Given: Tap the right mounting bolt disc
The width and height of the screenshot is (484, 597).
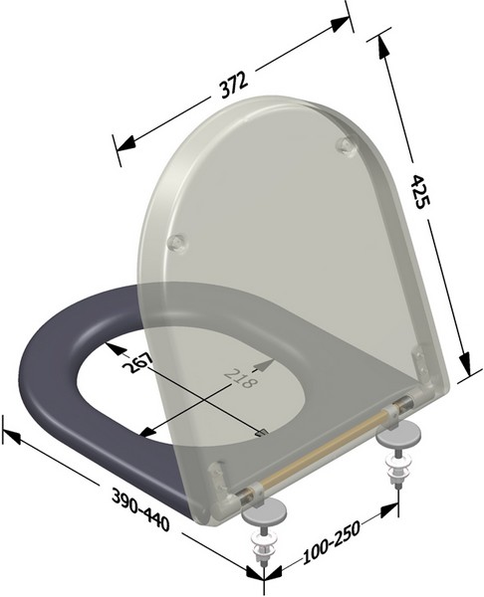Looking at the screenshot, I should click(405, 435).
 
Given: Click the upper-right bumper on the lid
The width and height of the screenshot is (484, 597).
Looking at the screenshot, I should click(345, 145).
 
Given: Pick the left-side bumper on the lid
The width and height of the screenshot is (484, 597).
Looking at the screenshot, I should click(177, 242).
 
